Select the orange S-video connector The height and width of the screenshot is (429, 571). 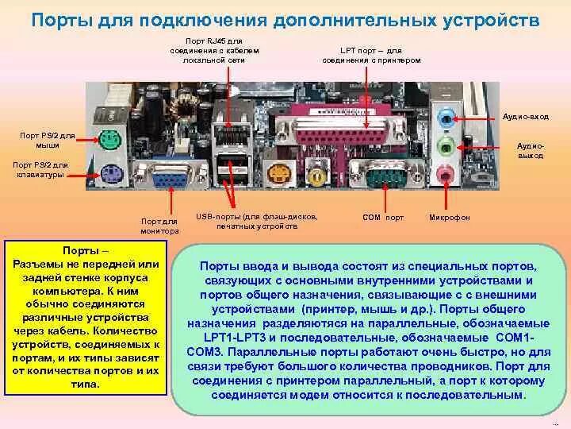tap(279, 172)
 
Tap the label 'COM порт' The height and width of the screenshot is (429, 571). tap(383, 217)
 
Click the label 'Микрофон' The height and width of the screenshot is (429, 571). tap(449, 217)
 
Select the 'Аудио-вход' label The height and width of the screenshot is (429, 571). tap(526, 116)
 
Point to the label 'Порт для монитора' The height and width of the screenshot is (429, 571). tap(159, 225)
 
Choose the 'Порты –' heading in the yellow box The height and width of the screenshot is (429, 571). tap(86, 249)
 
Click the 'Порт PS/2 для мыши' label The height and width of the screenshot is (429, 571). tap(48, 140)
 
